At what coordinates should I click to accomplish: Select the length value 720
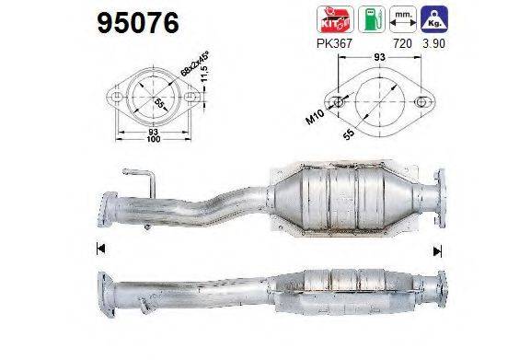click(x=398, y=42)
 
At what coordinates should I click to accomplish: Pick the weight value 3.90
click(x=433, y=42)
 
